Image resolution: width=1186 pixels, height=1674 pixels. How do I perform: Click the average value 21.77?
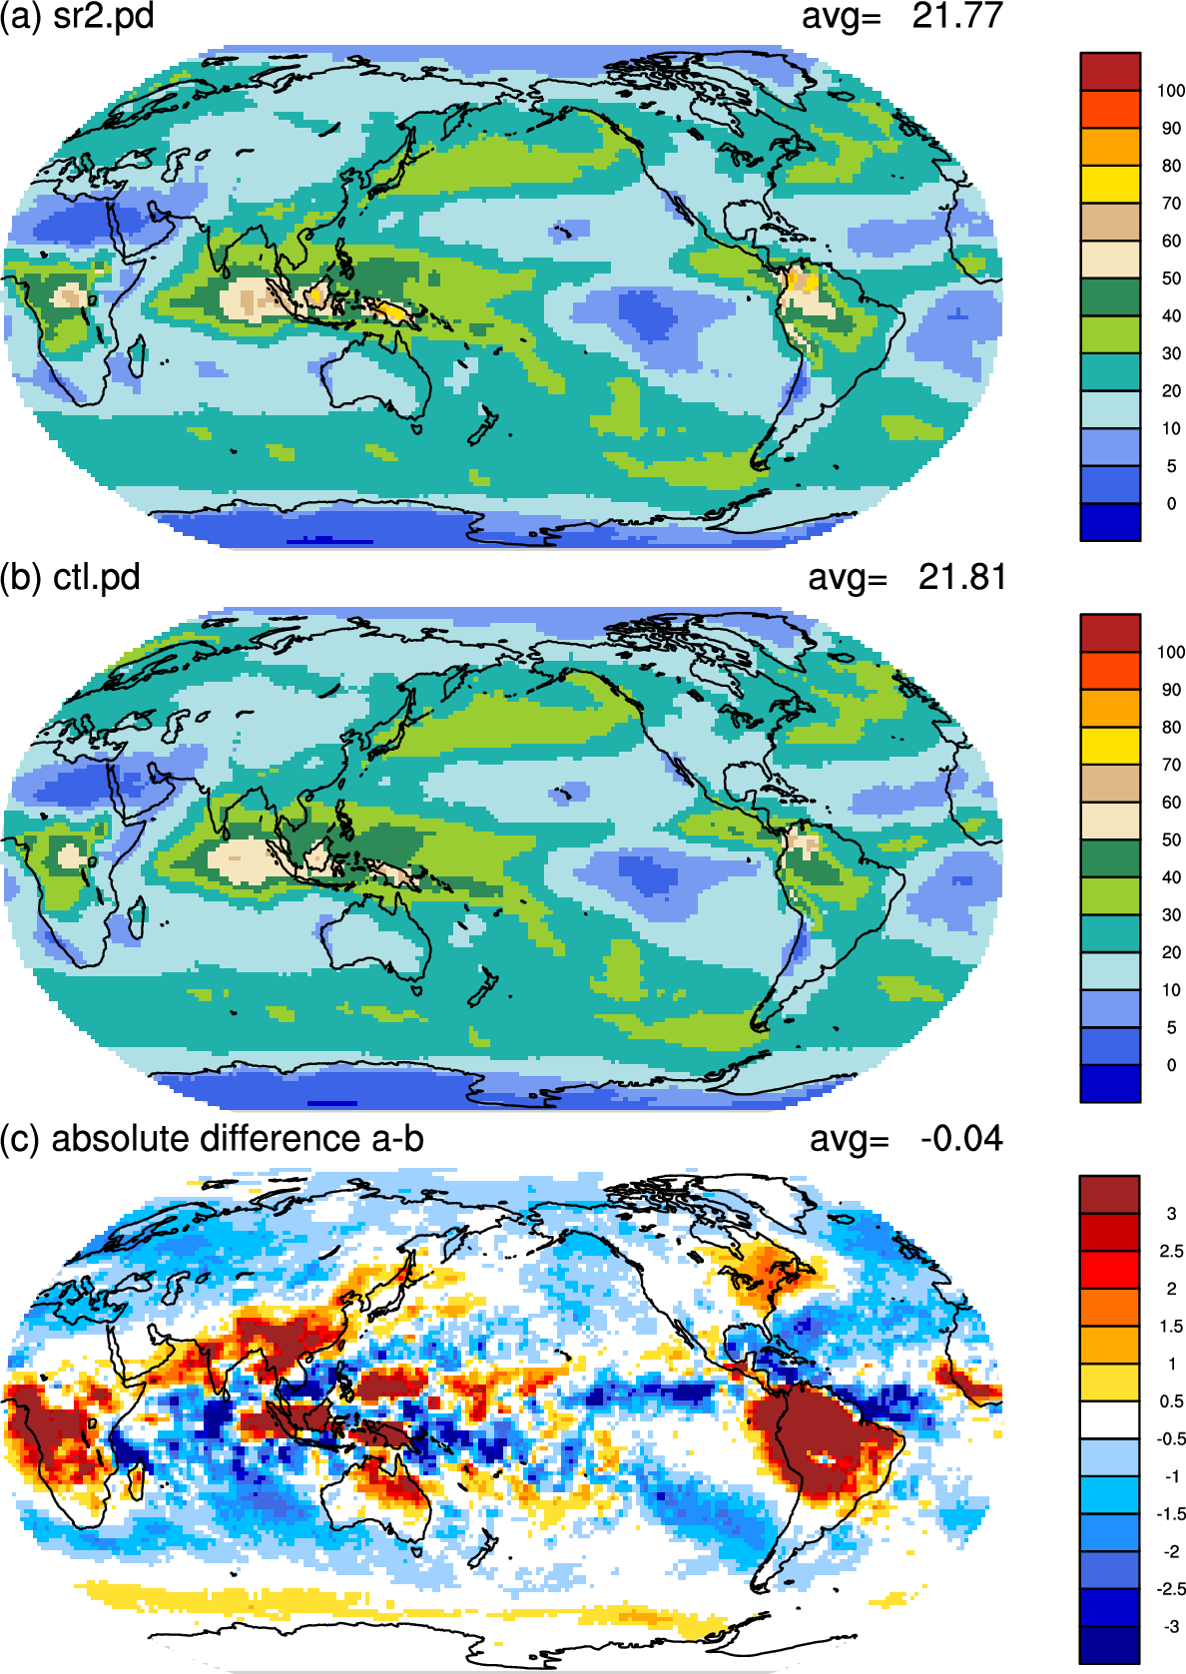(x=957, y=16)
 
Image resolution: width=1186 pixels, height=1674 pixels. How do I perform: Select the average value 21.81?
(x=962, y=577)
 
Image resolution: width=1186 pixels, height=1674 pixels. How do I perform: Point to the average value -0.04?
(x=961, y=1138)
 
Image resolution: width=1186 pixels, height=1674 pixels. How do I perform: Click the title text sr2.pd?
(x=104, y=16)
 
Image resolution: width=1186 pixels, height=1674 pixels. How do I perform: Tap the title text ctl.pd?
(x=97, y=578)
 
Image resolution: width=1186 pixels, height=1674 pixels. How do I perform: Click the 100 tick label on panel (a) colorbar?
(x=1171, y=91)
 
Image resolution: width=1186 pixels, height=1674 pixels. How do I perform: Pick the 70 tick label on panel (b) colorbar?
(x=1171, y=766)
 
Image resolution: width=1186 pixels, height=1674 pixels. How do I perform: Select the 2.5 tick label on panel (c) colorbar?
(x=1171, y=1251)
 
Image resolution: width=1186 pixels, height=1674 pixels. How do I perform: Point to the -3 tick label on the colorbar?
(x=1171, y=1626)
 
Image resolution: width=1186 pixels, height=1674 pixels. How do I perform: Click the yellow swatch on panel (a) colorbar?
(x=1110, y=184)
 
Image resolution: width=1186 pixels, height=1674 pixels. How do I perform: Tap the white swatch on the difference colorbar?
(x=1110, y=1419)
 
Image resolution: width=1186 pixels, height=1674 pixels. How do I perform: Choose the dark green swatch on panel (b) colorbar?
(x=1110, y=858)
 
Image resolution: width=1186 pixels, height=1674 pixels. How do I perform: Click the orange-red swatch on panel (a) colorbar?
(x=1110, y=109)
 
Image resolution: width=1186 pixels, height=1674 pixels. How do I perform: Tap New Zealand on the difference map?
(x=483, y=1542)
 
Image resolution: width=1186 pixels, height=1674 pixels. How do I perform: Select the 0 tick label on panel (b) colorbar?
(x=1171, y=1065)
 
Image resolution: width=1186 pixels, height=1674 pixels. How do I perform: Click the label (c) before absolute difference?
(x=20, y=1139)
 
